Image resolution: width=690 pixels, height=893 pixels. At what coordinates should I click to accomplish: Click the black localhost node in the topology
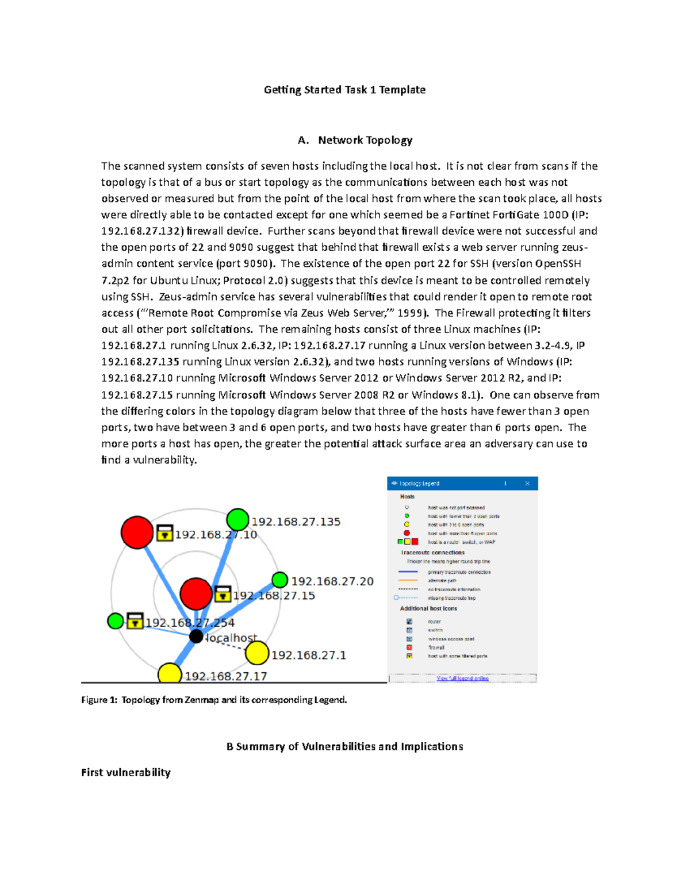coord(196,636)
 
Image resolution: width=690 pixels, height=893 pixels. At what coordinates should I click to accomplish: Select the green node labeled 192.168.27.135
coord(237,519)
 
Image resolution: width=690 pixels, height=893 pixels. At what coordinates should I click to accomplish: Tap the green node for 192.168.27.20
coord(280,580)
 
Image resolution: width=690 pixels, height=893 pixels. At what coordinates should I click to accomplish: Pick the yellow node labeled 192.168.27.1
coord(257,653)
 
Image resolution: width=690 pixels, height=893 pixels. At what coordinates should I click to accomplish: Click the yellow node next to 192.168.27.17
coord(170,674)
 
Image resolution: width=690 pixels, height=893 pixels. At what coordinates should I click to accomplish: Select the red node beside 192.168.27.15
coord(196,593)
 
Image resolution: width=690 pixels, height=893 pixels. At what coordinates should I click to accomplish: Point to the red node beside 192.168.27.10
coord(137,532)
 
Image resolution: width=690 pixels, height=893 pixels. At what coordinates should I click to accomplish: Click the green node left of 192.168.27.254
coord(116,621)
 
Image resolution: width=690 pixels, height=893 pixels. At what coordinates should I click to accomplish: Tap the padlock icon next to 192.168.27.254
coord(135,620)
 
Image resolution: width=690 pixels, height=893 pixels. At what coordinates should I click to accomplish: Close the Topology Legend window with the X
coord(527,484)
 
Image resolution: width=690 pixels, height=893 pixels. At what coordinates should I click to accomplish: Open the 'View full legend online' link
coord(462,679)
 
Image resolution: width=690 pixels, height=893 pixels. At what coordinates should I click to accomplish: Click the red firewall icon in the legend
coord(409,647)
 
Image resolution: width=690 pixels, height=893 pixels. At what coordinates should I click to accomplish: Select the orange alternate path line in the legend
coord(408,581)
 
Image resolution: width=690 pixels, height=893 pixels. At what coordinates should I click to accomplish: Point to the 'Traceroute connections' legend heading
coord(432,553)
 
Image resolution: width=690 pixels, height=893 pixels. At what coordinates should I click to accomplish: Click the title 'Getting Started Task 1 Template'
coord(344,90)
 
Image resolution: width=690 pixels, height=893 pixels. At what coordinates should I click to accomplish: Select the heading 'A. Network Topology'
coord(355,140)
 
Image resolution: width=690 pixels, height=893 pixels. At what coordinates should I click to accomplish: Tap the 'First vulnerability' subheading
coord(126,772)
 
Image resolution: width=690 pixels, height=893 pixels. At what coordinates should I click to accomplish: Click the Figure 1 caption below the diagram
coord(214,700)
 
